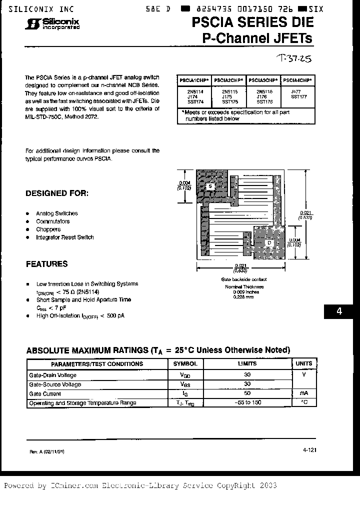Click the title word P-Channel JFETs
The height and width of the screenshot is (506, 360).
pyautogui.click(x=257, y=38)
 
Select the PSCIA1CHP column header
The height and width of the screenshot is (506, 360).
pyautogui.click(x=194, y=80)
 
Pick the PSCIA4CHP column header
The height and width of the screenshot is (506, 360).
pyautogui.click(x=297, y=80)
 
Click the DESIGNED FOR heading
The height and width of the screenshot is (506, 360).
pyautogui.click(x=57, y=193)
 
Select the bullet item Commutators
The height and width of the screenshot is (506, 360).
pyautogui.click(x=52, y=221)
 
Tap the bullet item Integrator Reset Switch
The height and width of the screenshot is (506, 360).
pyautogui.click(x=64, y=237)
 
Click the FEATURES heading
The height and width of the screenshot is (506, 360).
pyautogui.click(x=46, y=264)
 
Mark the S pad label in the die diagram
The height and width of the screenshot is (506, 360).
pyautogui.click(x=210, y=186)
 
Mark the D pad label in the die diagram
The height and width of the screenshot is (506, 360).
pyautogui.click(x=270, y=243)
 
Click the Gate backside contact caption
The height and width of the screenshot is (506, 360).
pyautogui.click(x=243, y=279)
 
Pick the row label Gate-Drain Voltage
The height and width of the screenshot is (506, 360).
pyautogui.click(x=52, y=375)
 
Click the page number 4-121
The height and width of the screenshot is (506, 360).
pyautogui.click(x=309, y=450)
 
